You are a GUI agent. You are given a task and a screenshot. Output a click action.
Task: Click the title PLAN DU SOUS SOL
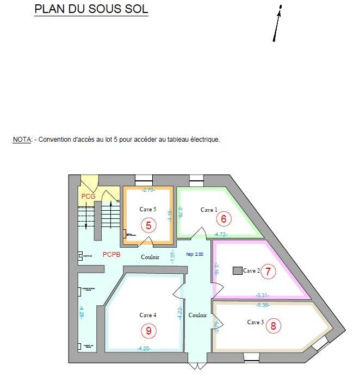[x=91, y=9]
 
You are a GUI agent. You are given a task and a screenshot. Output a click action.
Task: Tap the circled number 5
[x=148, y=224]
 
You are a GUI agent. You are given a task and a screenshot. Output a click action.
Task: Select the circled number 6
[x=223, y=218]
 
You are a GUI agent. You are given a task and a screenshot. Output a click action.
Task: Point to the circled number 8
[x=273, y=326]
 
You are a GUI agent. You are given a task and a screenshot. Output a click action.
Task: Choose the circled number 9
[x=148, y=330]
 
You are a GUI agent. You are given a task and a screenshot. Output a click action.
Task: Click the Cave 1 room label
[x=209, y=210]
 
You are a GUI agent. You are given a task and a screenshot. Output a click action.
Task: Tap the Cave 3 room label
[x=255, y=322]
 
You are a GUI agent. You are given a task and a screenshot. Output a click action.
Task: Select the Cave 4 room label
[x=148, y=315]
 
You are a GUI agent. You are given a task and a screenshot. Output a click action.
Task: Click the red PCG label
[x=88, y=196]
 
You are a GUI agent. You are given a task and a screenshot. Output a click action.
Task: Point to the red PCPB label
[x=111, y=254]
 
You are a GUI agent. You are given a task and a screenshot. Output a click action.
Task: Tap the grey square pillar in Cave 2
[x=237, y=270]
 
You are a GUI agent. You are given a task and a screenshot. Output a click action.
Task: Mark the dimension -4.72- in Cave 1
[x=220, y=234]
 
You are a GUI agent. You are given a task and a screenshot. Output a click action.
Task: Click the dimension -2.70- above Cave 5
[x=148, y=190]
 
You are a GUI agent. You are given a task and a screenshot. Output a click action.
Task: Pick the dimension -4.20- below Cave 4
[x=144, y=348]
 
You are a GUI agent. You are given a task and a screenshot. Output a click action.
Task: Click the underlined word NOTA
[x=22, y=140]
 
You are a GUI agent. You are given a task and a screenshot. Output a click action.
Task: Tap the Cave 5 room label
[x=148, y=209]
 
